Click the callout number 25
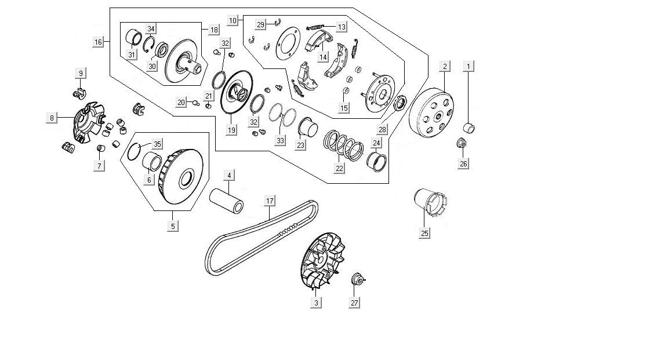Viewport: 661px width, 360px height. (425, 233)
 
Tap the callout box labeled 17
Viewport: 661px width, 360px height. (270, 201)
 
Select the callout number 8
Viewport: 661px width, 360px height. (52, 118)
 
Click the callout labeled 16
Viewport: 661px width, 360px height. (98, 42)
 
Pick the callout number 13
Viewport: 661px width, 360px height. (342, 27)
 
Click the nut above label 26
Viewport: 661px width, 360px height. (462, 143)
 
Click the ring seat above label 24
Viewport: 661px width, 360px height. (376, 158)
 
